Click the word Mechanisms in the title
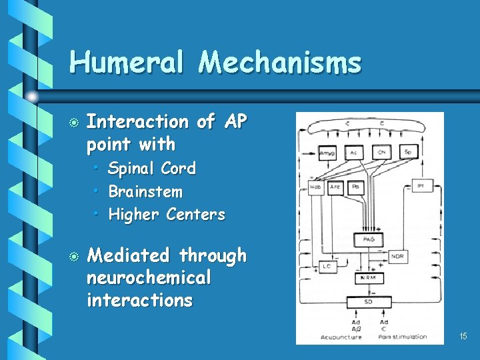(279, 63)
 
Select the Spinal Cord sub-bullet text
(152, 169)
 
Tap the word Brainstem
(145, 192)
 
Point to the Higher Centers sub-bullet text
(167, 215)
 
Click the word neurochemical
(149, 278)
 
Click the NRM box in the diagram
(369, 277)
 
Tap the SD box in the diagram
(369, 301)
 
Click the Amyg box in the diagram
(327, 153)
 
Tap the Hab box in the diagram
(316, 187)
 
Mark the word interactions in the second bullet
(139, 301)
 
